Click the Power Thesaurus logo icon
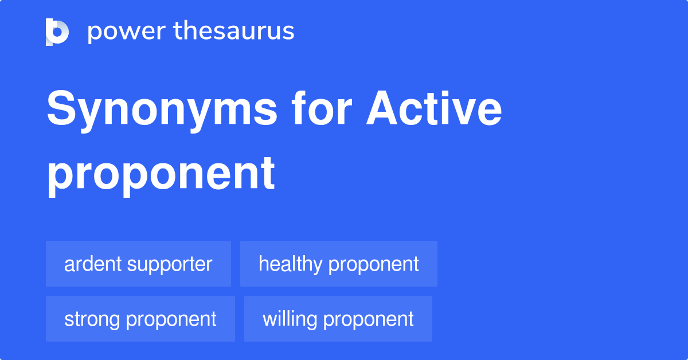(x=57, y=32)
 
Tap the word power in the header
(x=124, y=32)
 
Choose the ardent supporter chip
(x=138, y=264)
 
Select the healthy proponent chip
(x=338, y=264)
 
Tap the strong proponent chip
(x=140, y=319)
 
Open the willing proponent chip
(x=338, y=319)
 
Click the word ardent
(x=93, y=264)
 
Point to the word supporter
(x=170, y=264)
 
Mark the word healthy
(x=290, y=264)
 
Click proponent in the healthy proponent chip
(x=373, y=264)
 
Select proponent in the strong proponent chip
(x=171, y=319)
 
